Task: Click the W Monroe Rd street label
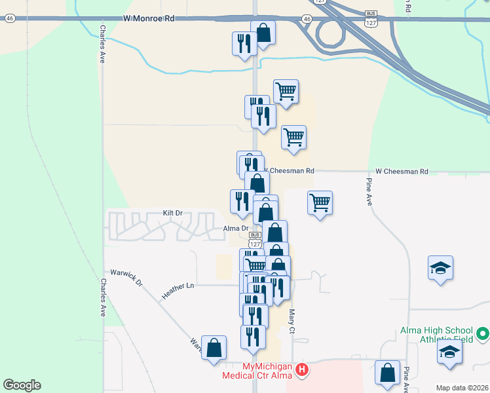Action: tap(149, 20)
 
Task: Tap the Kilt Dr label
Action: tap(172, 214)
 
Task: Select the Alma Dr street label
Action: tap(236, 229)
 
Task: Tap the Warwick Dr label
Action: tap(127, 277)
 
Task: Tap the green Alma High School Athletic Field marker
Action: tap(483, 335)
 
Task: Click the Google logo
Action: tap(22, 385)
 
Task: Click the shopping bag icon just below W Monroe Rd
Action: tap(263, 33)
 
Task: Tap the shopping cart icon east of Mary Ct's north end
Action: tap(320, 202)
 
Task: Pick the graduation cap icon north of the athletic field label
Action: tap(441, 267)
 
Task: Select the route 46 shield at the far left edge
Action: tap(9, 19)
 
